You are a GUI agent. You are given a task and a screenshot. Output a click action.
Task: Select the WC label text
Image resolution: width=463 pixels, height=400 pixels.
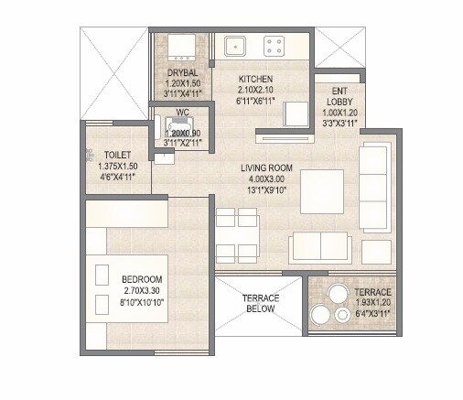point(182,115)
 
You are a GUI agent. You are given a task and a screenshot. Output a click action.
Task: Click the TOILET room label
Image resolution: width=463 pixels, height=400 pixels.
point(117,156)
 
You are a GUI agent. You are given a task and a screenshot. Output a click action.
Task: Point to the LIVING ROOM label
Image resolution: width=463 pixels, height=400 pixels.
point(266,168)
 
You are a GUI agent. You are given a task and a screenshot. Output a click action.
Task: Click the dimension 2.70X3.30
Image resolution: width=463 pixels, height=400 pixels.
point(142,290)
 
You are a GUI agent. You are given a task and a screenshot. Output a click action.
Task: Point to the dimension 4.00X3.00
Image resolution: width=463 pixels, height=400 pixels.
point(266,179)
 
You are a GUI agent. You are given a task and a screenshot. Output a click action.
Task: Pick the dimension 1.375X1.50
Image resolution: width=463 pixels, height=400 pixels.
point(117,167)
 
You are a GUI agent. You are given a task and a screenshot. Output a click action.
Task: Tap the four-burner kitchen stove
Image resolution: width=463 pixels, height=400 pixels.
point(273,43)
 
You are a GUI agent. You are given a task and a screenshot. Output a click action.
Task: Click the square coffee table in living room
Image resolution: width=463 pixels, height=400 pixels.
point(321,190)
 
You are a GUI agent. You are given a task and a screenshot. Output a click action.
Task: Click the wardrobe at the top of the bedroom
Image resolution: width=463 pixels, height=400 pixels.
point(128,213)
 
